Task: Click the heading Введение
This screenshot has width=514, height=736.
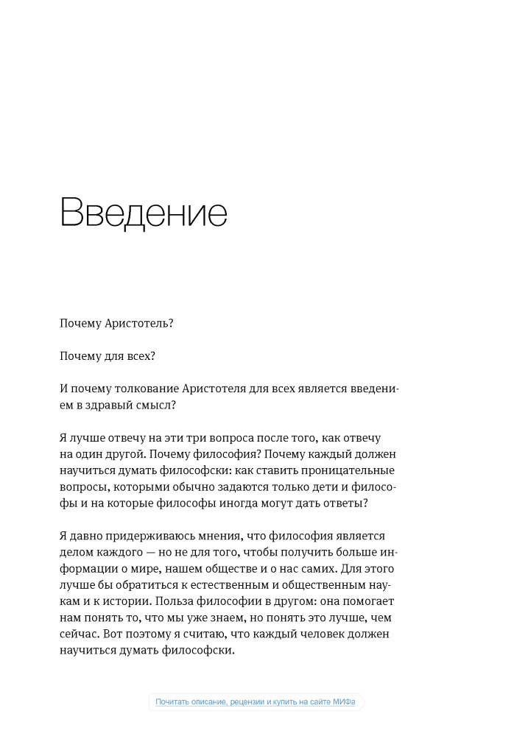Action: tap(144, 213)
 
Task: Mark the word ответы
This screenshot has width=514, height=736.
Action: tap(342, 503)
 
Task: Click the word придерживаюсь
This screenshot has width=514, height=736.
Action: tap(149, 536)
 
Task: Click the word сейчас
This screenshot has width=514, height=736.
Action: tap(79, 634)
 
